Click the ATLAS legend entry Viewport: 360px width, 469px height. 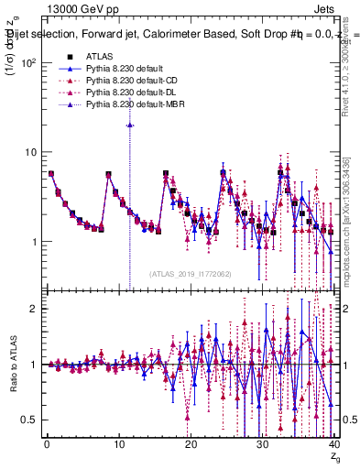99,56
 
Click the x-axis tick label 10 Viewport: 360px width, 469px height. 118,444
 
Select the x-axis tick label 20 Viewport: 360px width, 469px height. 191,444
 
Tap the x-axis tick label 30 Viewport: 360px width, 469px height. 263,444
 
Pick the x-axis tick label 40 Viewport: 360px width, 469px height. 334,444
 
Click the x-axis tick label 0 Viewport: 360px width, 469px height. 47,444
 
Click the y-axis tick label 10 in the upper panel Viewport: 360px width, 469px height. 28,152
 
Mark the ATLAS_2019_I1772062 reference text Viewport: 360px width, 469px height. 191,273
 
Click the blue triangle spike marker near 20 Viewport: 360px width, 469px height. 130,125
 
